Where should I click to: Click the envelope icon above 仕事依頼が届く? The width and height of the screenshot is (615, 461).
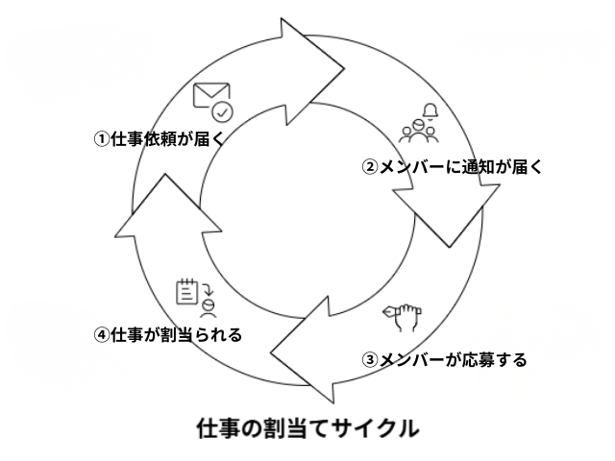207,97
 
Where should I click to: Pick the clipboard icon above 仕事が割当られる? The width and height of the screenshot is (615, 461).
188,292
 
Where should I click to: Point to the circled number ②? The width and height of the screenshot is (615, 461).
368,165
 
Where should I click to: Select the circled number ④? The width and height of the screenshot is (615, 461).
100,335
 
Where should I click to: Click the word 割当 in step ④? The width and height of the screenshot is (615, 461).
176,335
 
